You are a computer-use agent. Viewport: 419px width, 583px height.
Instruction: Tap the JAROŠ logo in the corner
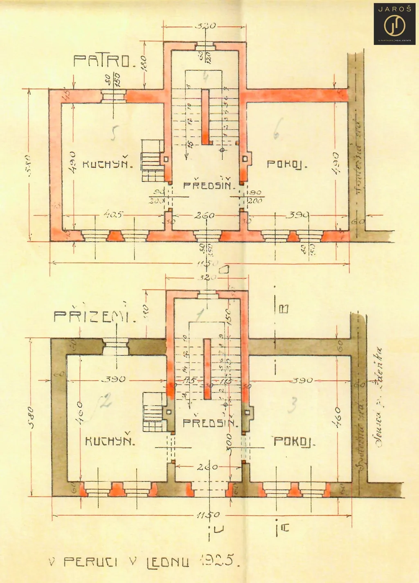(394, 24)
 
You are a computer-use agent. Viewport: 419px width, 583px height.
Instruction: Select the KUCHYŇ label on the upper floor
(108, 165)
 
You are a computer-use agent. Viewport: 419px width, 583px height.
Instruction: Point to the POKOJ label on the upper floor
(287, 165)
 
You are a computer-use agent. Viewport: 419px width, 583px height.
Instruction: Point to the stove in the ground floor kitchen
(153, 411)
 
